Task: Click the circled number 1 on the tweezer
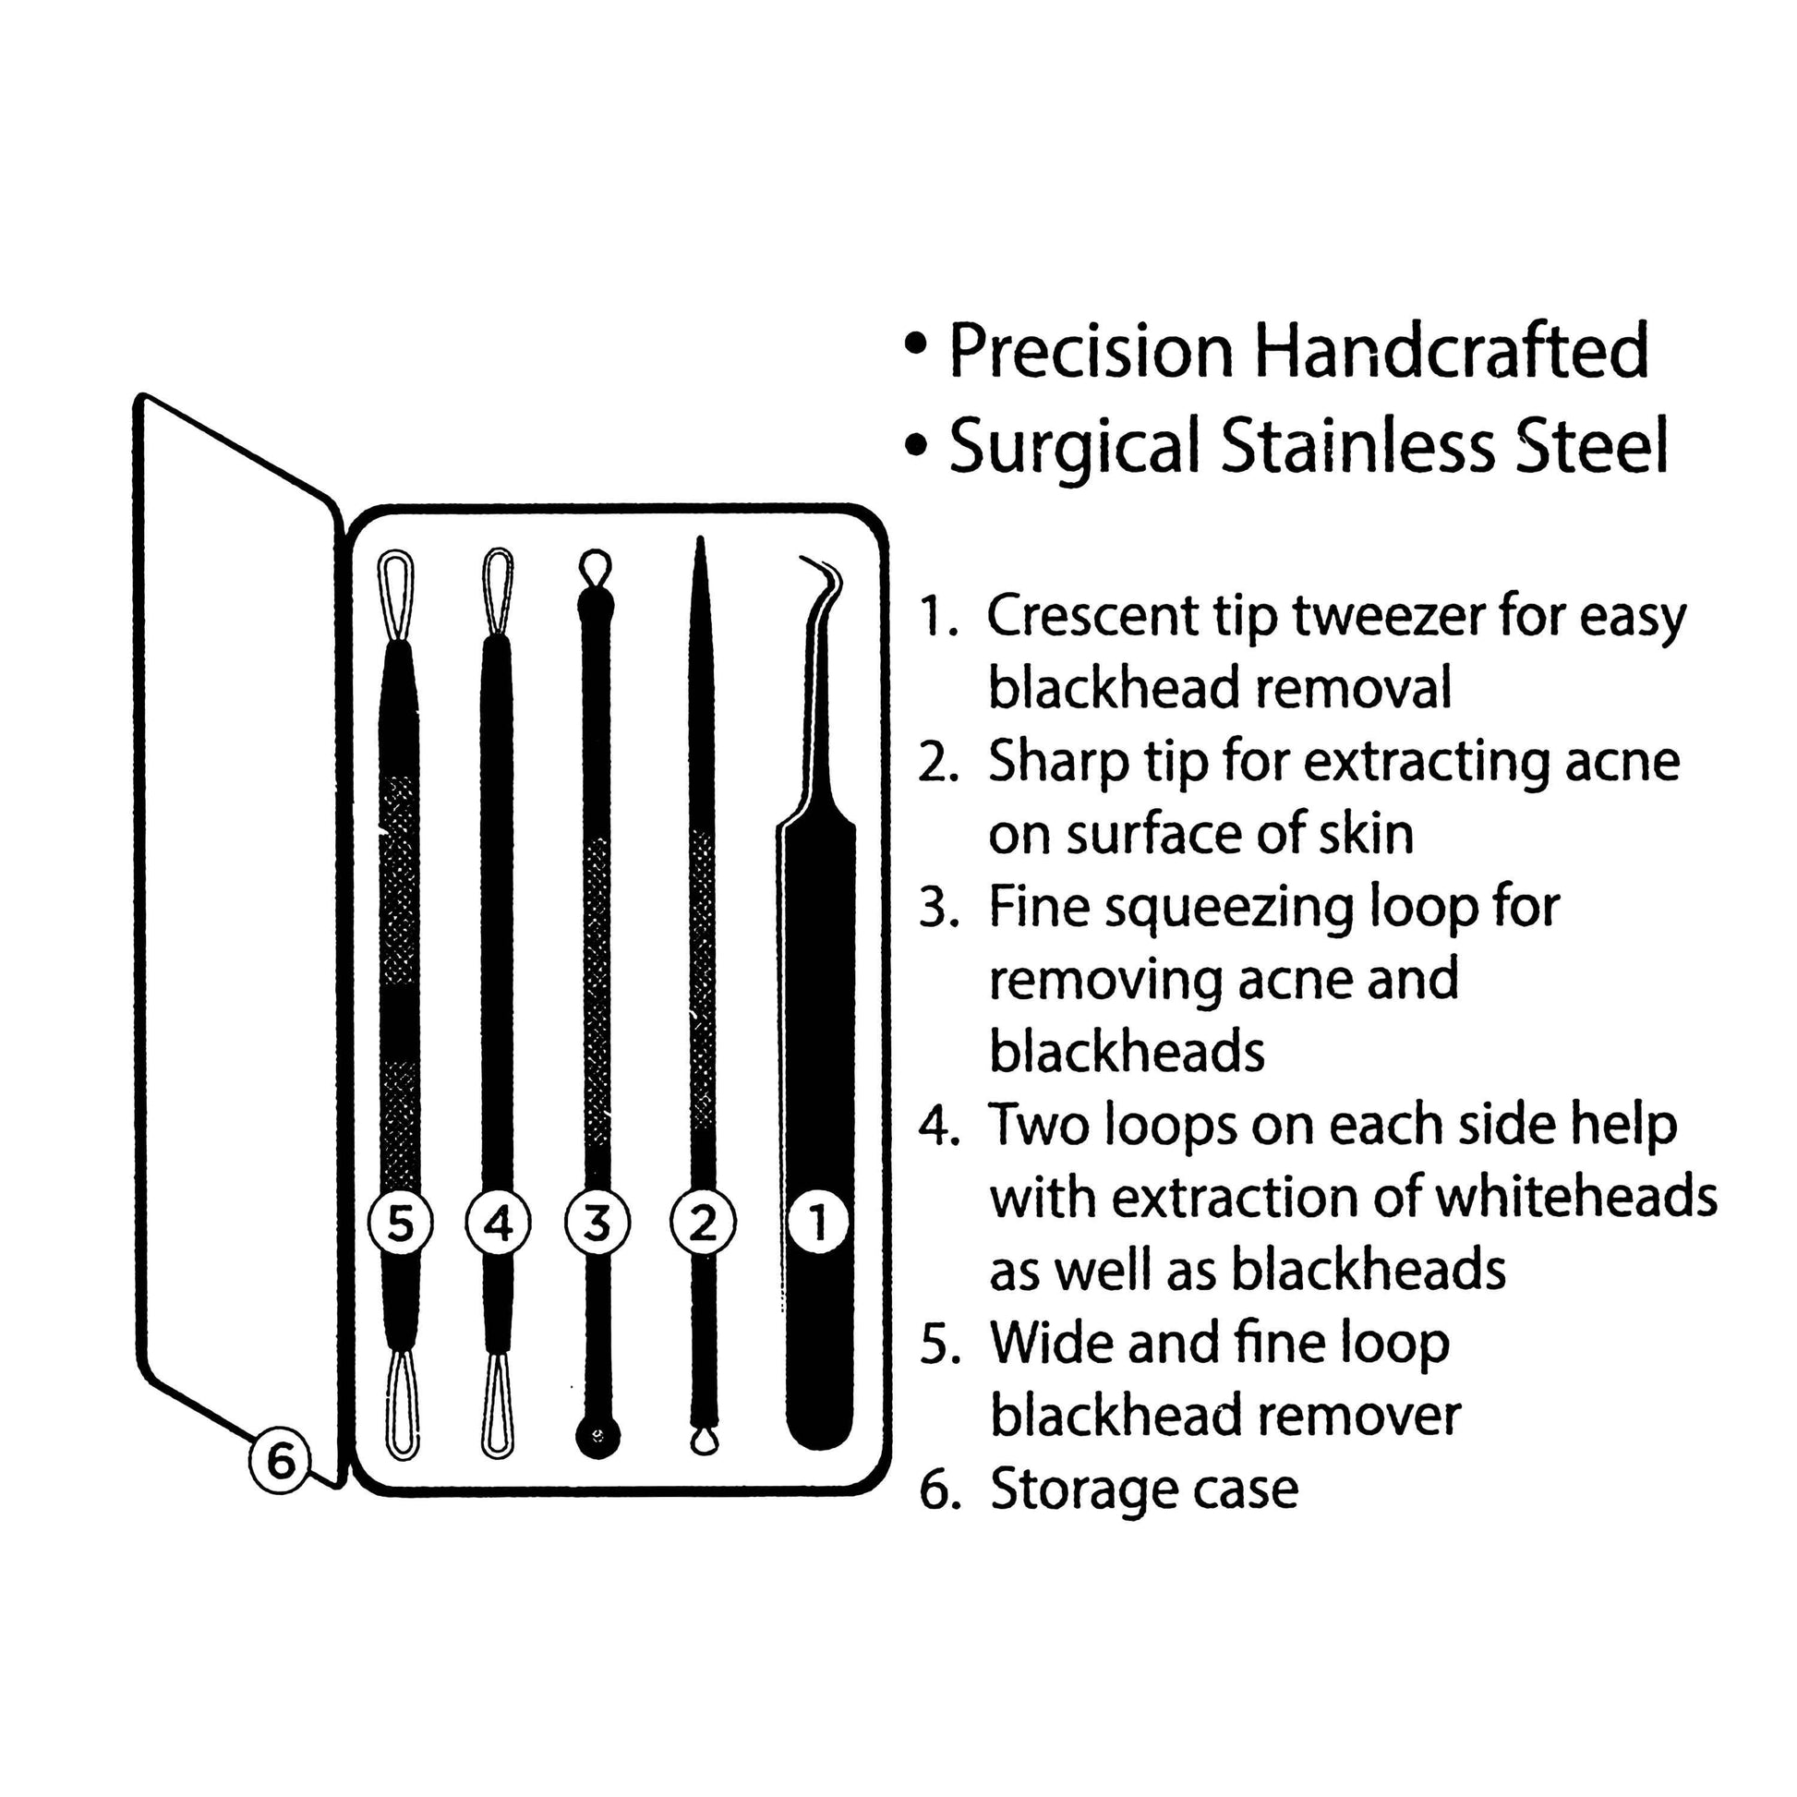point(817,1223)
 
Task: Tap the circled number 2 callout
point(703,1223)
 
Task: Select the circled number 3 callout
point(597,1223)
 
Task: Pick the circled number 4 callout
point(499,1223)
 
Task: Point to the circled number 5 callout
point(400,1223)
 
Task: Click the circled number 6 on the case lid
point(280,1461)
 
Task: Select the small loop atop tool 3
point(596,565)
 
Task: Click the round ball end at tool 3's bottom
point(597,1437)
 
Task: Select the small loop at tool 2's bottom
point(704,1441)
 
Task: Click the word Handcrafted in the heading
point(1451,352)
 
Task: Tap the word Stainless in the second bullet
point(1358,445)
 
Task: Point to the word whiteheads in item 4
point(1575,1198)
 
